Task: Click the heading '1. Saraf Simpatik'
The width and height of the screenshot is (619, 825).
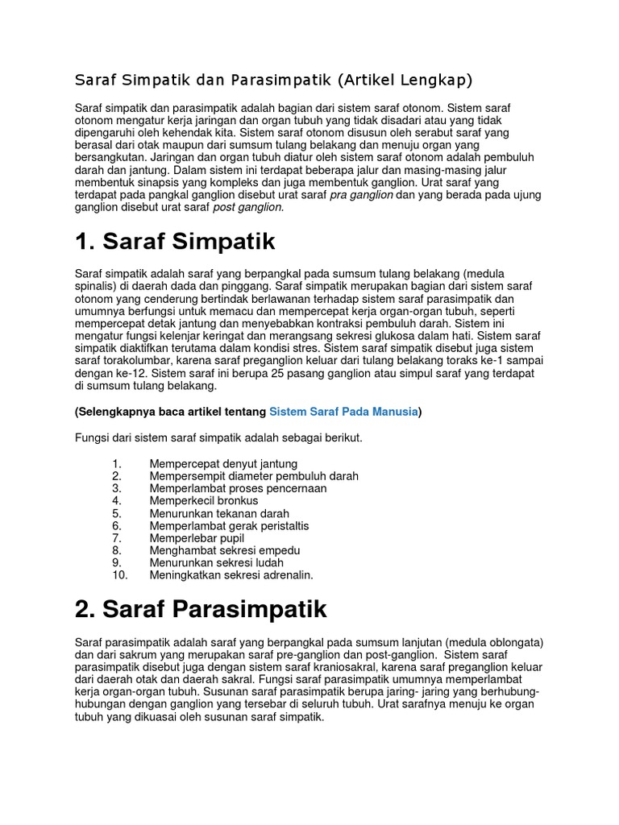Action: click(175, 242)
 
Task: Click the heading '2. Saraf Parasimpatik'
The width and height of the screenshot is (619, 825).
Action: click(201, 609)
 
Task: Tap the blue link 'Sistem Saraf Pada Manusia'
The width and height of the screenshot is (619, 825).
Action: click(343, 412)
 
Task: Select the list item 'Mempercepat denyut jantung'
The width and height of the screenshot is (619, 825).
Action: click(223, 464)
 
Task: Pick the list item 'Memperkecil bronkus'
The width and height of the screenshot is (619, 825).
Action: click(204, 501)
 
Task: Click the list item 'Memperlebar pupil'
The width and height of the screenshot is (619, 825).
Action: click(197, 538)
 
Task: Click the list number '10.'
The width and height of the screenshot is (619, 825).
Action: click(120, 575)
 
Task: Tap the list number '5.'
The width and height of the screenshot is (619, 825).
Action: click(117, 513)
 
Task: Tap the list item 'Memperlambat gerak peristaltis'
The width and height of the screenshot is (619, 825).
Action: click(229, 526)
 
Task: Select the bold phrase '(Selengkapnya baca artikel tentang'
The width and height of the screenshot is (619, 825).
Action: click(170, 412)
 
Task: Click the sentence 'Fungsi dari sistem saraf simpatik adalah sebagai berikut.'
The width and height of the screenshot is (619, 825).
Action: click(218, 437)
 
